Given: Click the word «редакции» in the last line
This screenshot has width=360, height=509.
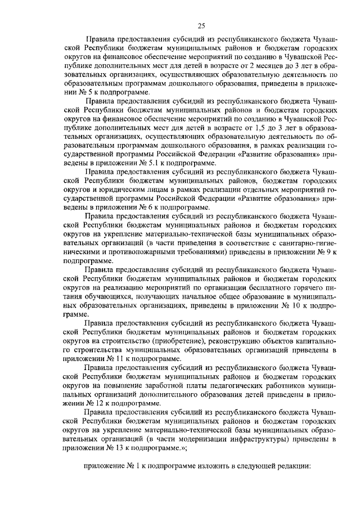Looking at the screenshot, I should [286, 466].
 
